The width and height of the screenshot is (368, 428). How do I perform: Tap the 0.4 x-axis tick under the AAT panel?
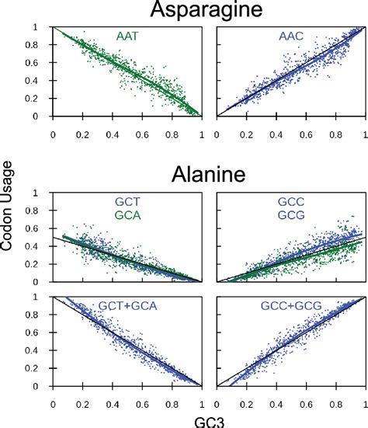click(x=113, y=132)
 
